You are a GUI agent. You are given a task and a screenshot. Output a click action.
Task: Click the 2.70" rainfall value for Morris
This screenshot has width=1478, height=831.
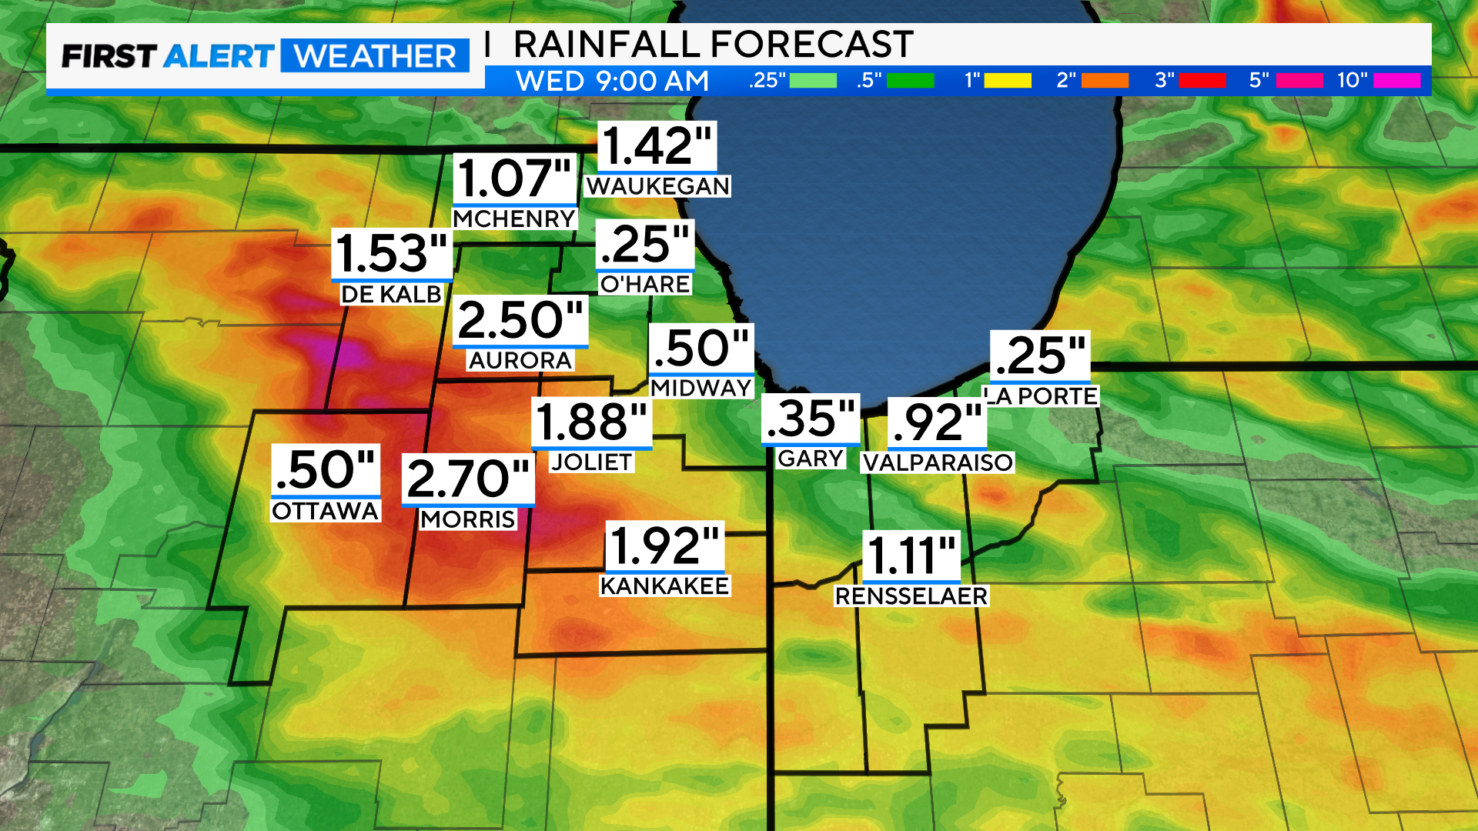pos(468,479)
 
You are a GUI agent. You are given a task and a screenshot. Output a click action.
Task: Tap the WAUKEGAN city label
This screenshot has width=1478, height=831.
pos(657,186)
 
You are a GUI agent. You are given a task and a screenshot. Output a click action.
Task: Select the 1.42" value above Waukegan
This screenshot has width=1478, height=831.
pos(657,145)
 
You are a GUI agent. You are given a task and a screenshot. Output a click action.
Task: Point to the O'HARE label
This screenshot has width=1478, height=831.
pos(644,284)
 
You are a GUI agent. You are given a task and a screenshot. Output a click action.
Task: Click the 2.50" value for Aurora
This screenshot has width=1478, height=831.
pos(520,320)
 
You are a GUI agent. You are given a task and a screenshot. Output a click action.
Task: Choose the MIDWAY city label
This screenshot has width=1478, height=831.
pos(701,388)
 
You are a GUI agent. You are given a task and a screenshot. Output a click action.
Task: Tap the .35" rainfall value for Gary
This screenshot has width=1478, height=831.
pos(811,419)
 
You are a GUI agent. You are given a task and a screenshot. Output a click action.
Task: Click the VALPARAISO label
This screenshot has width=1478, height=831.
pos(937,462)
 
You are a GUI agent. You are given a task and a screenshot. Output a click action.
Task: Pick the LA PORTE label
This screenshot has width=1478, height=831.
pos(1041,396)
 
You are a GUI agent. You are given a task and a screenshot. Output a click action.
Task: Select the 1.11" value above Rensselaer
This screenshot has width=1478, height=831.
pos(911,556)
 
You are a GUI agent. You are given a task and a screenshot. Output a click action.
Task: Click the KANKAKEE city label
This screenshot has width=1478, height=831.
pos(664,586)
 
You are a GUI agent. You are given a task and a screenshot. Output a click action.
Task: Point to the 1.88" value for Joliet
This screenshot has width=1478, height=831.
pos(591,422)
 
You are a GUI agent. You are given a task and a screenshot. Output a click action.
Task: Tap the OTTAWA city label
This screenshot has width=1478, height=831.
pos(325,511)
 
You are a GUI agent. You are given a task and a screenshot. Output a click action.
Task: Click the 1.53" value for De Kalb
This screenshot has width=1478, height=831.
pos(392,254)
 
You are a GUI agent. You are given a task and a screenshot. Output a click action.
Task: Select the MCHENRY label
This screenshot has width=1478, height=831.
pos(513,219)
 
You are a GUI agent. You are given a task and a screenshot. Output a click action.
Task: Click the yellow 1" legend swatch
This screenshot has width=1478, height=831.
pos(1007,81)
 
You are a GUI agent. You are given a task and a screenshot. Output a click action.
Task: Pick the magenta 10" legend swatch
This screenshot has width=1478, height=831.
pos(1396,81)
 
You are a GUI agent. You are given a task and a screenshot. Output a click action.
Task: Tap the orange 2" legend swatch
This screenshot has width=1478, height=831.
pos(1105,81)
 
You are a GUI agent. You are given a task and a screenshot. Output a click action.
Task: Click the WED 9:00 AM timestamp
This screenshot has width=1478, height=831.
pos(612,81)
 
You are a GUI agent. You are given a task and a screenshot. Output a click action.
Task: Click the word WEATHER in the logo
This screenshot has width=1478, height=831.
pos(375,56)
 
